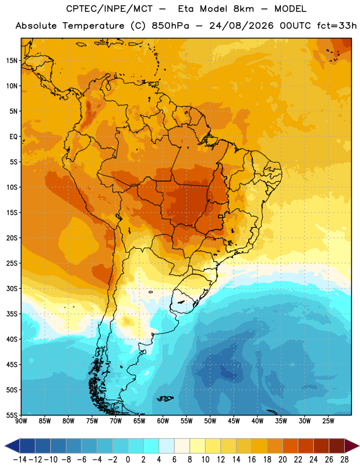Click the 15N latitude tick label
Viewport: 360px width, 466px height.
(x=12, y=61)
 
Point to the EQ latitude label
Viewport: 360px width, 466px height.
(x=13, y=137)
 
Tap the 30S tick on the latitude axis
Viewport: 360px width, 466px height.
(x=12, y=288)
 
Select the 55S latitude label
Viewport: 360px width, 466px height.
(x=12, y=415)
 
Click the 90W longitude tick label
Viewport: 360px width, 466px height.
(x=21, y=421)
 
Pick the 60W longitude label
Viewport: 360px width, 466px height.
(x=163, y=421)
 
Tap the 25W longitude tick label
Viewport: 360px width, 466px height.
(x=328, y=421)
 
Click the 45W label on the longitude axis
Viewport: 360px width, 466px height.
(x=234, y=421)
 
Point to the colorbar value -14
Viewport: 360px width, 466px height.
(x=20, y=460)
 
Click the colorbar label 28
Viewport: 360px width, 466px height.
(x=344, y=460)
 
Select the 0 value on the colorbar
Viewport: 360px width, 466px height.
(x=128, y=460)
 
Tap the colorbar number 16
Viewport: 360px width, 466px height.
(x=252, y=460)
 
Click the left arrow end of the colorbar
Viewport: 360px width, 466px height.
(x=5, y=446)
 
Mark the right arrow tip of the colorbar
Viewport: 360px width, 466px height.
(x=359, y=446)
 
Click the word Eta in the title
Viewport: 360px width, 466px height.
(x=186, y=9)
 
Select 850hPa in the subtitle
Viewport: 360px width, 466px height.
(x=170, y=26)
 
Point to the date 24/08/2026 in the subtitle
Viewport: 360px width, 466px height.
(x=241, y=26)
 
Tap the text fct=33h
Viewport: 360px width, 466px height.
(x=337, y=26)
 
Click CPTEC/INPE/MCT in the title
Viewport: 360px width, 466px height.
(x=109, y=9)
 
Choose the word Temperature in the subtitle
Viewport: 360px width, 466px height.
(x=93, y=26)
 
